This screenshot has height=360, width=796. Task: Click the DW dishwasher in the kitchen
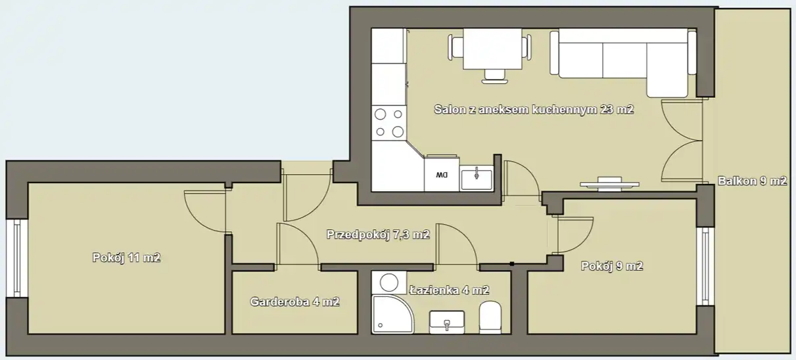[442, 173]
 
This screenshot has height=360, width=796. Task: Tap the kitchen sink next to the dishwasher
[476, 179]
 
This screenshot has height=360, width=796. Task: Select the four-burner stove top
[389, 123]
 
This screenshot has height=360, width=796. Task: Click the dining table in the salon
[492, 49]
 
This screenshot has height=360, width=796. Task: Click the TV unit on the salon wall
[609, 184]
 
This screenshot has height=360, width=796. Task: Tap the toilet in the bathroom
[490, 317]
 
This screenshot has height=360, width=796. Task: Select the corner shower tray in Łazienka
[392, 315]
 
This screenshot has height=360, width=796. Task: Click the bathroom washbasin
[447, 323]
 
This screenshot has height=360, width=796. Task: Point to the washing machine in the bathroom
[388, 282]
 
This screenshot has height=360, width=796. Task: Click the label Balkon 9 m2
[752, 181]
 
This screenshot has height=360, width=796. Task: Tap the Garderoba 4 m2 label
[295, 302]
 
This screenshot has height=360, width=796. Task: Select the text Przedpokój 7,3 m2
[378, 235]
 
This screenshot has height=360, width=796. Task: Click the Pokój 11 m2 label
[126, 258]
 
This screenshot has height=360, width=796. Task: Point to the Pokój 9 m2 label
[612, 266]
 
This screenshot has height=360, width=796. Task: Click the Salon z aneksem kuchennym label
[517, 109]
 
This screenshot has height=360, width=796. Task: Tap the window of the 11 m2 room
[16, 258]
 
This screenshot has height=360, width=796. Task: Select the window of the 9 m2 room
[705, 266]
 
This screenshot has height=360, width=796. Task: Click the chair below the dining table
[495, 77]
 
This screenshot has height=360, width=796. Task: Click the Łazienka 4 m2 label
[449, 290]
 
